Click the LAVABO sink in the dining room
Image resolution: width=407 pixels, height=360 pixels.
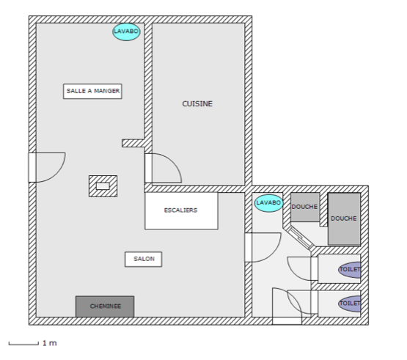125,32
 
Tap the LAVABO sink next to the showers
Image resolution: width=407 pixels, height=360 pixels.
268,203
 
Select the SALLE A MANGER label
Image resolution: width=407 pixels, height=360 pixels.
93,91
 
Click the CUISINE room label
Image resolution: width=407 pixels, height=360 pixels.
197,104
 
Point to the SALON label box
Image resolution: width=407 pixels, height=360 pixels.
144,260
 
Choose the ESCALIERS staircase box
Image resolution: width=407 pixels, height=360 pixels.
181,210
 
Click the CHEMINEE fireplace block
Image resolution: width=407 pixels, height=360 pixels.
105,306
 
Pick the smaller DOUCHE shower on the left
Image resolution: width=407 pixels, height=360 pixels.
305,207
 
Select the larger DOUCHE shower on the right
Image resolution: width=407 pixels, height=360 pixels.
343,218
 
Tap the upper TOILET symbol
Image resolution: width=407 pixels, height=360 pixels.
350,270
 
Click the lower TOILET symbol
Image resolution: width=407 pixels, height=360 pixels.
350,302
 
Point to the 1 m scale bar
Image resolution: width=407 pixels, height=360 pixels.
23,343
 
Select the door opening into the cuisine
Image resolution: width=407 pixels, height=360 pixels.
161,169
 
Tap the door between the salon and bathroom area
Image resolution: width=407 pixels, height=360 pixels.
260,247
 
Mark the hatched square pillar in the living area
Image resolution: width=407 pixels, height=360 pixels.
103,185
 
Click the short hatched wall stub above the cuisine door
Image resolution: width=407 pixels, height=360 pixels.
133,143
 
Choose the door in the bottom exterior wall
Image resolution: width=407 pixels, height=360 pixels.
286,304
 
